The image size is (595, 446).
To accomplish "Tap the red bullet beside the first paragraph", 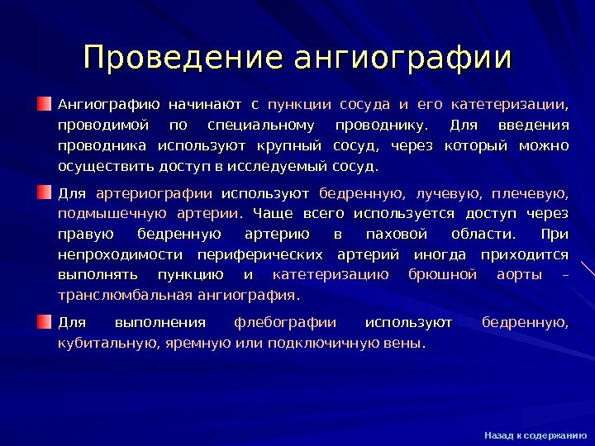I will (44, 105).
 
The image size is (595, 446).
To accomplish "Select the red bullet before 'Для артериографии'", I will (44, 192).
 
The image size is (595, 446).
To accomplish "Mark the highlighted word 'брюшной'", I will (443, 275).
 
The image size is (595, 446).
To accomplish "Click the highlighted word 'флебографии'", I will (285, 322).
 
